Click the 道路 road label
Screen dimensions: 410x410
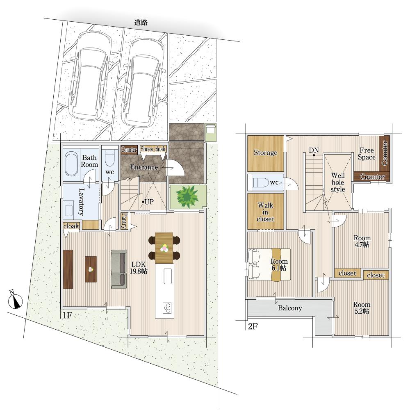tap(141, 23)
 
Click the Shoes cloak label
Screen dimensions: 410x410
tap(153, 149)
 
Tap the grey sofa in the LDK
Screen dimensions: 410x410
tap(119, 269)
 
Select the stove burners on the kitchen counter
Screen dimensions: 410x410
tap(167, 308)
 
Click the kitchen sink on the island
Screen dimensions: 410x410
tap(168, 276)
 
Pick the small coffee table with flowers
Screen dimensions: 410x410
tap(91, 269)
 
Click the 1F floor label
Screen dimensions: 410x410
tap(67, 315)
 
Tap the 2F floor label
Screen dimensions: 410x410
tap(252, 326)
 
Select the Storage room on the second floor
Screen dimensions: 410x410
tap(266, 153)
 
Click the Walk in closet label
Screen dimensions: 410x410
tap(265, 212)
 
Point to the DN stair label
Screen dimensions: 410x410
tap(314, 150)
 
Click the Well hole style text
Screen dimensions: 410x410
tap(338, 182)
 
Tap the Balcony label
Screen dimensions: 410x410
tap(290, 308)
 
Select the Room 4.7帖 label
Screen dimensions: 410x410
tap(362, 241)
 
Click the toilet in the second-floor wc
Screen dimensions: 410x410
tap(260, 182)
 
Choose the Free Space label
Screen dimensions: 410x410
tap(367, 154)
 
